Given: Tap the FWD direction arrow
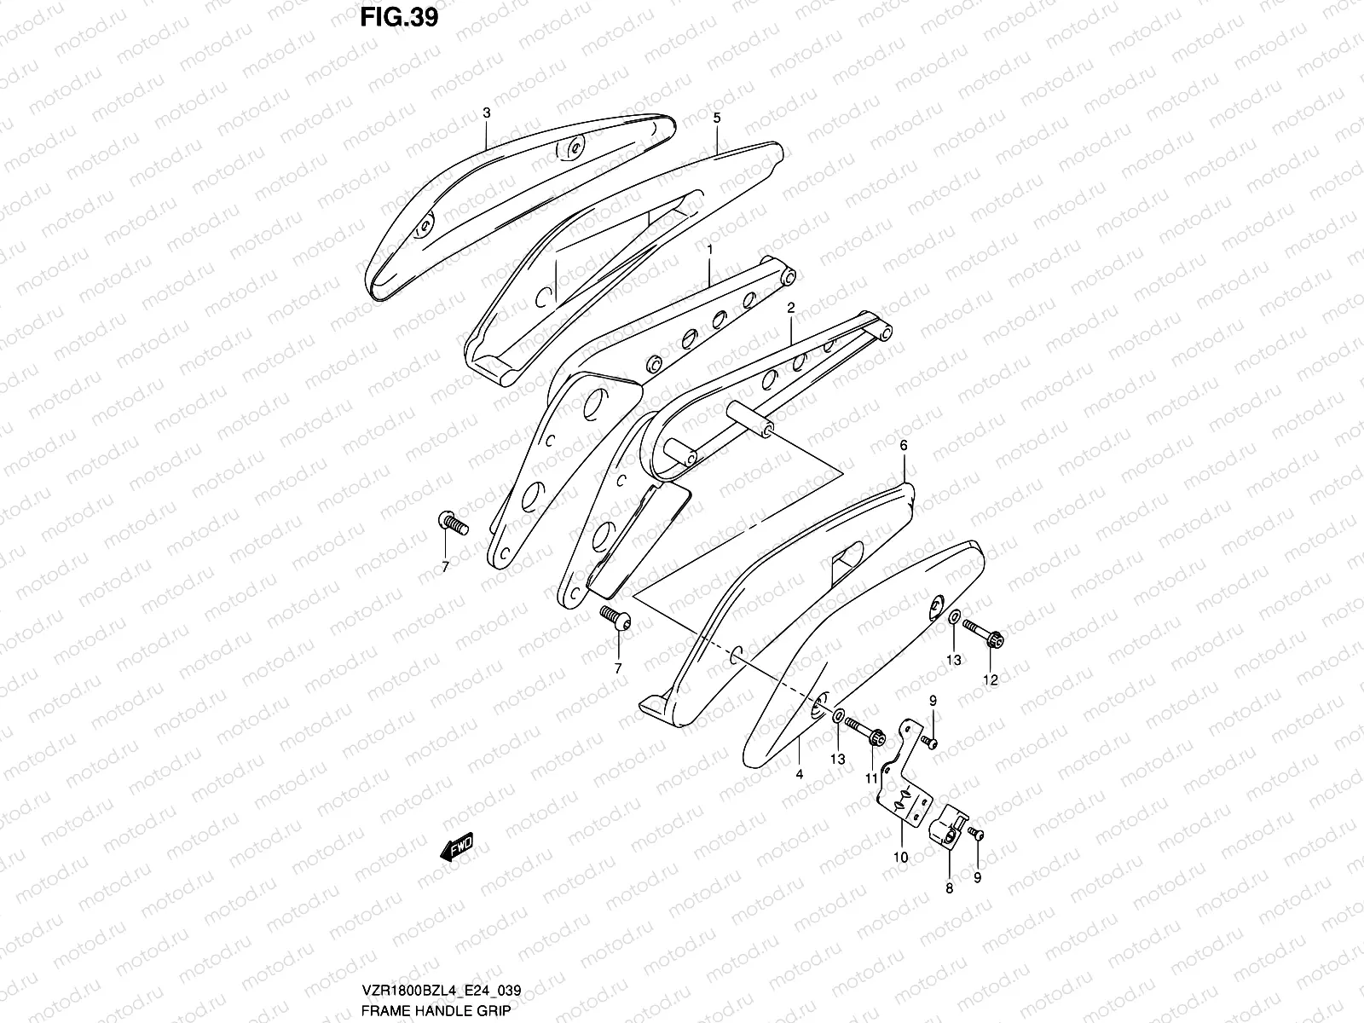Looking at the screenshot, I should [457, 847].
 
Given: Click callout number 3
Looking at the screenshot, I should [486, 113].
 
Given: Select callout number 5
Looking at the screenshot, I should [716, 118].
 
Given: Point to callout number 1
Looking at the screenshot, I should [709, 249].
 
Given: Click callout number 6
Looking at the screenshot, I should [904, 446].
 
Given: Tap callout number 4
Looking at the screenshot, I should [800, 774].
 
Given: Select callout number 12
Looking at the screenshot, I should [991, 680].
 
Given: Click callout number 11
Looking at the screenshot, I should [871, 778].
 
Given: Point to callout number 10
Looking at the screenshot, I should [901, 857].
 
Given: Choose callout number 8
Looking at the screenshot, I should [950, 887].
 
